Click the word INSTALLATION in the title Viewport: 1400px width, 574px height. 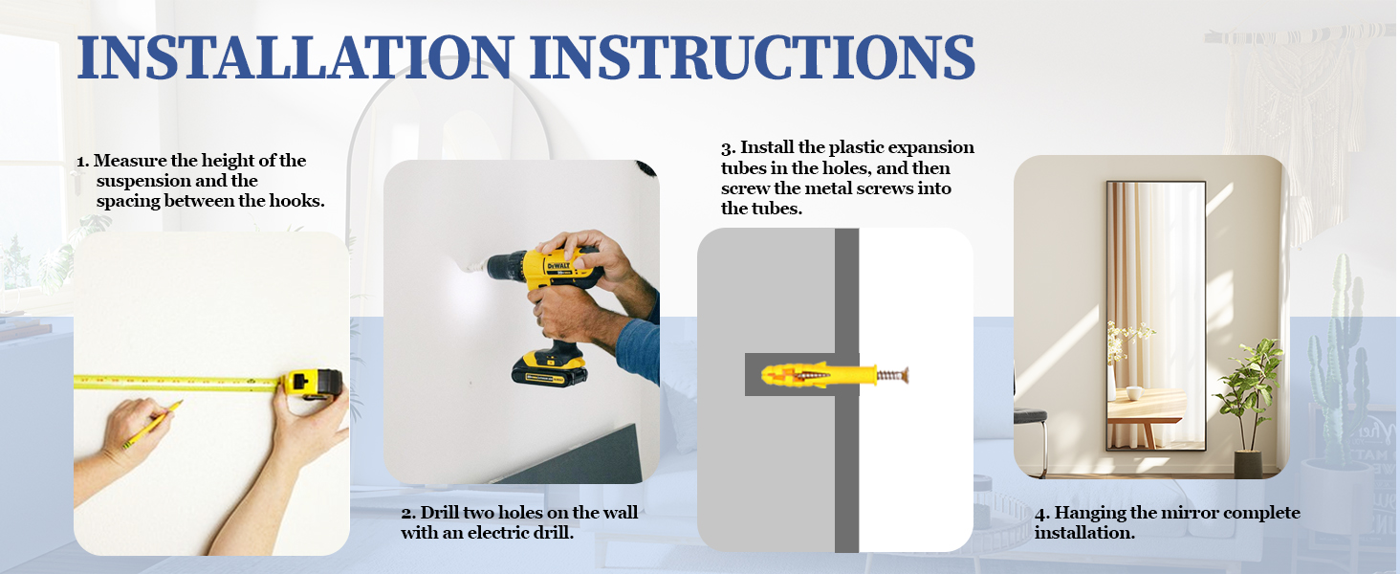point(295,56)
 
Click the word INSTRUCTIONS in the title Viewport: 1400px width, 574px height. point(753,56)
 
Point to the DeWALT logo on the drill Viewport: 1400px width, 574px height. point(558,267)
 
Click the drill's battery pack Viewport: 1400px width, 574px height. point(549,368)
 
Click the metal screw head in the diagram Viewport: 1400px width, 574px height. point(905,375)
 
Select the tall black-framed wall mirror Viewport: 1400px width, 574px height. point(1155,316)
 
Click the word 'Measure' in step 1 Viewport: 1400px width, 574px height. point(130,161)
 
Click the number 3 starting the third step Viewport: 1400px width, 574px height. point(726,148)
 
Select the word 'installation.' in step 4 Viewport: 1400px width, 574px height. point(1084,533)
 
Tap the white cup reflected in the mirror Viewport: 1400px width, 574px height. point(1134,393)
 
